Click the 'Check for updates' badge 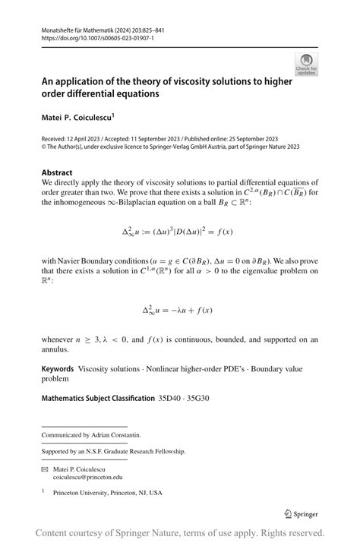coord(306,65)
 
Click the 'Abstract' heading coord(57,172)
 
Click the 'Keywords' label coord(58,368)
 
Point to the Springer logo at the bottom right coord(302,514)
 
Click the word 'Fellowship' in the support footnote coord(166,451)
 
